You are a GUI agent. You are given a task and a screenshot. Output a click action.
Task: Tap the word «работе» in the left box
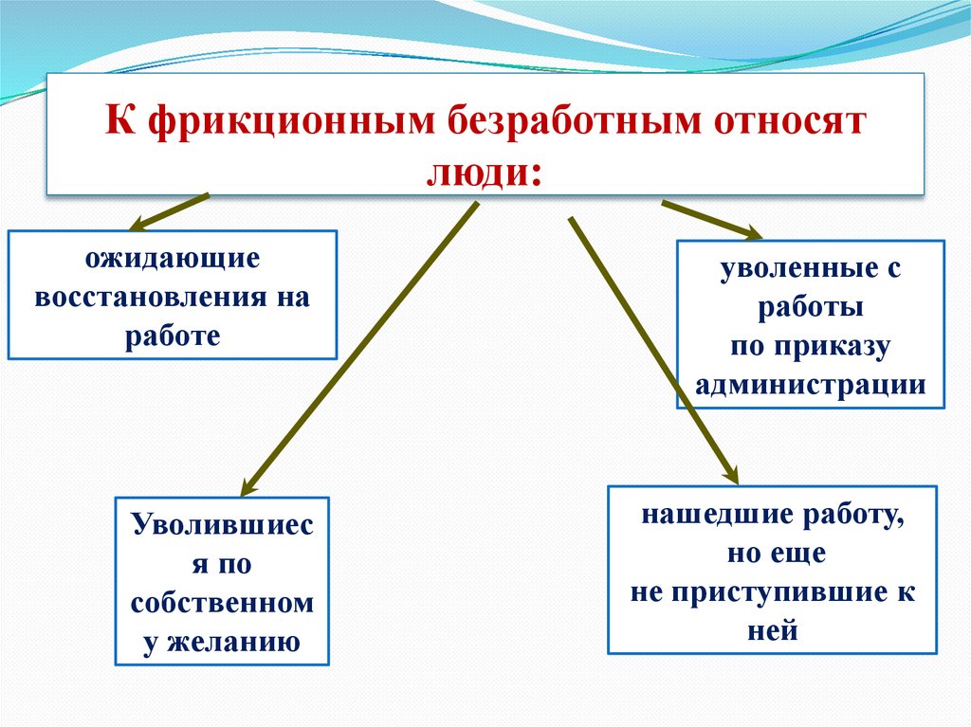[x=172, y=336]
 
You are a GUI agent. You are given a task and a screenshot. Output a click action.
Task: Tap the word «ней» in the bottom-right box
[x=772, y=630]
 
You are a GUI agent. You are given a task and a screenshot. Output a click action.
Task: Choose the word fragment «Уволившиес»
[x=222, y=524]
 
